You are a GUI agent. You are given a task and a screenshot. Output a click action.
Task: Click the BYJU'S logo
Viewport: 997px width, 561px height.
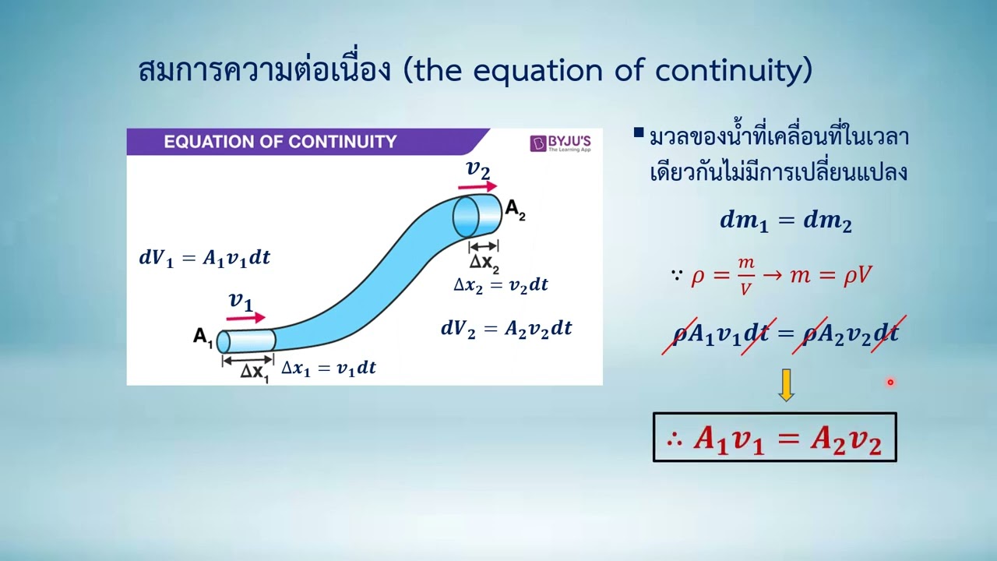(560, 143)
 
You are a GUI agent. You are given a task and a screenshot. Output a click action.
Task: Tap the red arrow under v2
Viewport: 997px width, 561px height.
(477, 187)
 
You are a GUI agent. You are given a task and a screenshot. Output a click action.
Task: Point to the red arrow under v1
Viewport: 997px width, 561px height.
(246, 318)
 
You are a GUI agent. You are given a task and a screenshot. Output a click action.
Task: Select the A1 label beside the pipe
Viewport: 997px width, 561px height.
(203, 338)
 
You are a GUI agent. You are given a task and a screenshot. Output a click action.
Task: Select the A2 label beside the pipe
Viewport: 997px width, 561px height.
(515, 209)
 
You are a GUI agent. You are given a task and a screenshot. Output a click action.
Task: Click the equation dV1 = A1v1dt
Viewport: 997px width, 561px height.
(205, 258)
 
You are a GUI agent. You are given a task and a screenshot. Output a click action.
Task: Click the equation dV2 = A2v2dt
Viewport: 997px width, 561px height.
(506, 329)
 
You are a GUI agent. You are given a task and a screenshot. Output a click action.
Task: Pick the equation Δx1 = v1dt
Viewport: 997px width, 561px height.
(328, 369)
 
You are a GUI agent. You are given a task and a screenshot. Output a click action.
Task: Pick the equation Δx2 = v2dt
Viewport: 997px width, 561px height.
(500, 285)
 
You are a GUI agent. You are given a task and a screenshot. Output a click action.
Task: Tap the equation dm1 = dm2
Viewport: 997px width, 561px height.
(785, 221)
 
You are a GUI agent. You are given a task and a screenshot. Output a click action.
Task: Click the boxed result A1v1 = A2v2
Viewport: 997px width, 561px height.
(774, 439)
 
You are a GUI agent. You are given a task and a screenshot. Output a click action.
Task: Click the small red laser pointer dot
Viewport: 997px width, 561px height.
(890, 382)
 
